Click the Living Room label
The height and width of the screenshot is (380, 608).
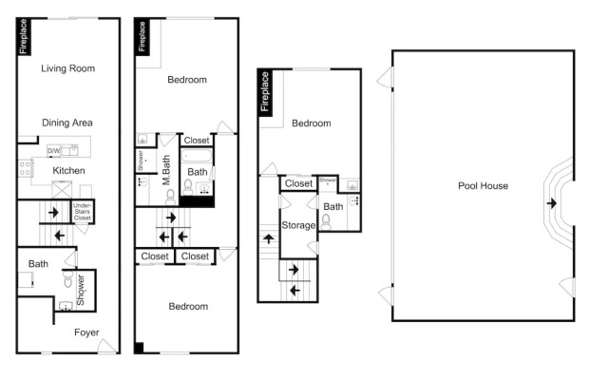pos(67,68)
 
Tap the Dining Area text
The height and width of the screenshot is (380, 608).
pos(67,123)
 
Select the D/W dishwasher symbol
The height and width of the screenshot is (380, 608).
pos(53,151)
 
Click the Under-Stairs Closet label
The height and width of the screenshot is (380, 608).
pos(83,211)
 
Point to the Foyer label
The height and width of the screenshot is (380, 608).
pos(86,332)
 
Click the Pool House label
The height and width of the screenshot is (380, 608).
pos(484,186)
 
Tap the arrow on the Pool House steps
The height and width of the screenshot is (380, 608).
pos(552,202)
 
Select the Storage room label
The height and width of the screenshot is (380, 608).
pos(298,225)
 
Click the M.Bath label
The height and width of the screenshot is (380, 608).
pos(166,170)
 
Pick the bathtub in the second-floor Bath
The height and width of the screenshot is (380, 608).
pos(197,156)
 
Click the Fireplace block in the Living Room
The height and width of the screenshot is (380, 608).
pos(23,36)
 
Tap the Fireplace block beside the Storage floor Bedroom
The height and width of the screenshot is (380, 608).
pos(265,92)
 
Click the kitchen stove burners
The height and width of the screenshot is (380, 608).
pos(26,168)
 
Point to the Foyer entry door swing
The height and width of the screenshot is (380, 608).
pos(106,346)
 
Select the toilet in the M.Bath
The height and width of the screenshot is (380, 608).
pos(170,197)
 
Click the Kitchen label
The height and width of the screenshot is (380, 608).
pos(68,171)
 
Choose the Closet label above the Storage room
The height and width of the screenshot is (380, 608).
pos(298,183)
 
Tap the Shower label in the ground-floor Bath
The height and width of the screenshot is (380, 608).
pos(80,291)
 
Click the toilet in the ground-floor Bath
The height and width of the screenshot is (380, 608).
pos(67,278)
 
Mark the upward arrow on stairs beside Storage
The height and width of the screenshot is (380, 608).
pos(269,238)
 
